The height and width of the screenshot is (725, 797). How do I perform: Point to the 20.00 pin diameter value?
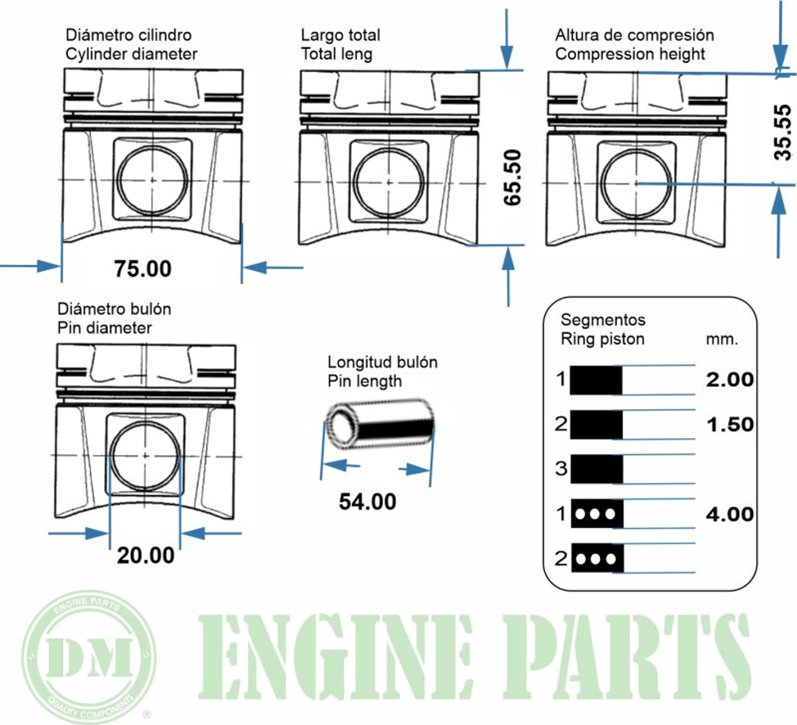point(145,555)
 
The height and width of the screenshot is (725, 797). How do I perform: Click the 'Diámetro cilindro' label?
point(128,35)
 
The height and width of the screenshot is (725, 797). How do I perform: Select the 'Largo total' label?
point(340,35)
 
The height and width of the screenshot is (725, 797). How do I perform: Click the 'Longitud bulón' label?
point(382,362)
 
